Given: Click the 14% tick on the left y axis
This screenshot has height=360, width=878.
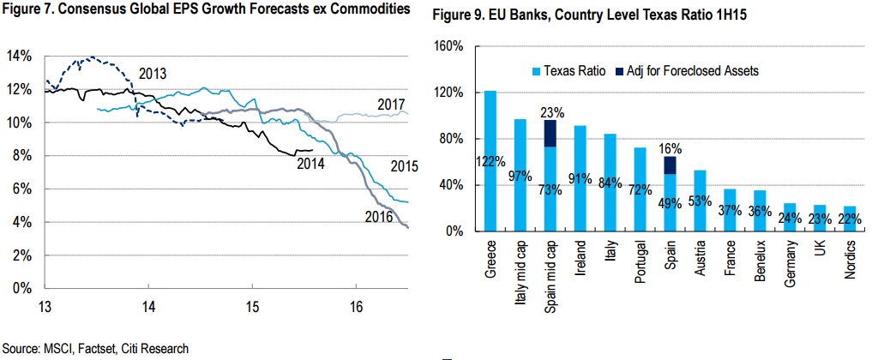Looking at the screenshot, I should [19, 57].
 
